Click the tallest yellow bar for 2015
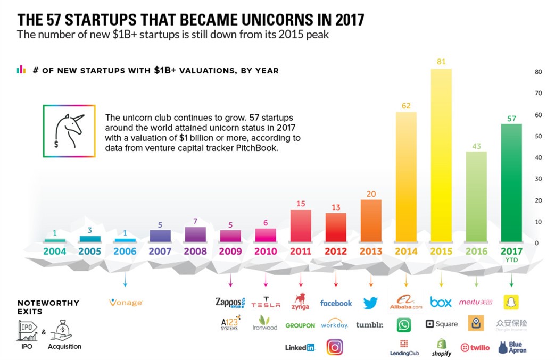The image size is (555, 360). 441,154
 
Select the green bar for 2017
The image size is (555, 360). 511,183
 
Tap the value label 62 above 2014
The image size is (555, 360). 406,106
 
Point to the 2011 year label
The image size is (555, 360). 301,251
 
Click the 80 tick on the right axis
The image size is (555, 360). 538,72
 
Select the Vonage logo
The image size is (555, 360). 126,303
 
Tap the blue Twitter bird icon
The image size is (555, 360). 370,303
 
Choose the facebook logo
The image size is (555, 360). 336,303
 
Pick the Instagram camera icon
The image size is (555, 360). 335,347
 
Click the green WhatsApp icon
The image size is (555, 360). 404,324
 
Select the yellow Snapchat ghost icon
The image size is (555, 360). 511,302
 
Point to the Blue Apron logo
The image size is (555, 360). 512,347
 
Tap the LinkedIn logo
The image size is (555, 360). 300,347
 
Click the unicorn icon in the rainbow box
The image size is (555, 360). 69,130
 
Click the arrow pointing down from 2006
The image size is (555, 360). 125,280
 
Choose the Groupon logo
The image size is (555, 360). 300,325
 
